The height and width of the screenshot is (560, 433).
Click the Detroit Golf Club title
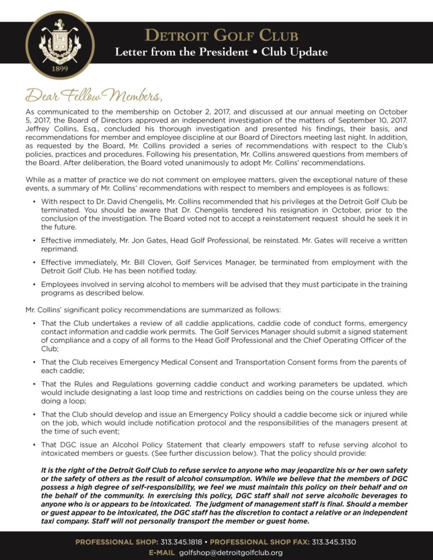coord(221,36)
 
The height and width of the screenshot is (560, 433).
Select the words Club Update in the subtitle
coord(295,52)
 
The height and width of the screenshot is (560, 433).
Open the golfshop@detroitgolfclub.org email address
coord(231,553)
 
